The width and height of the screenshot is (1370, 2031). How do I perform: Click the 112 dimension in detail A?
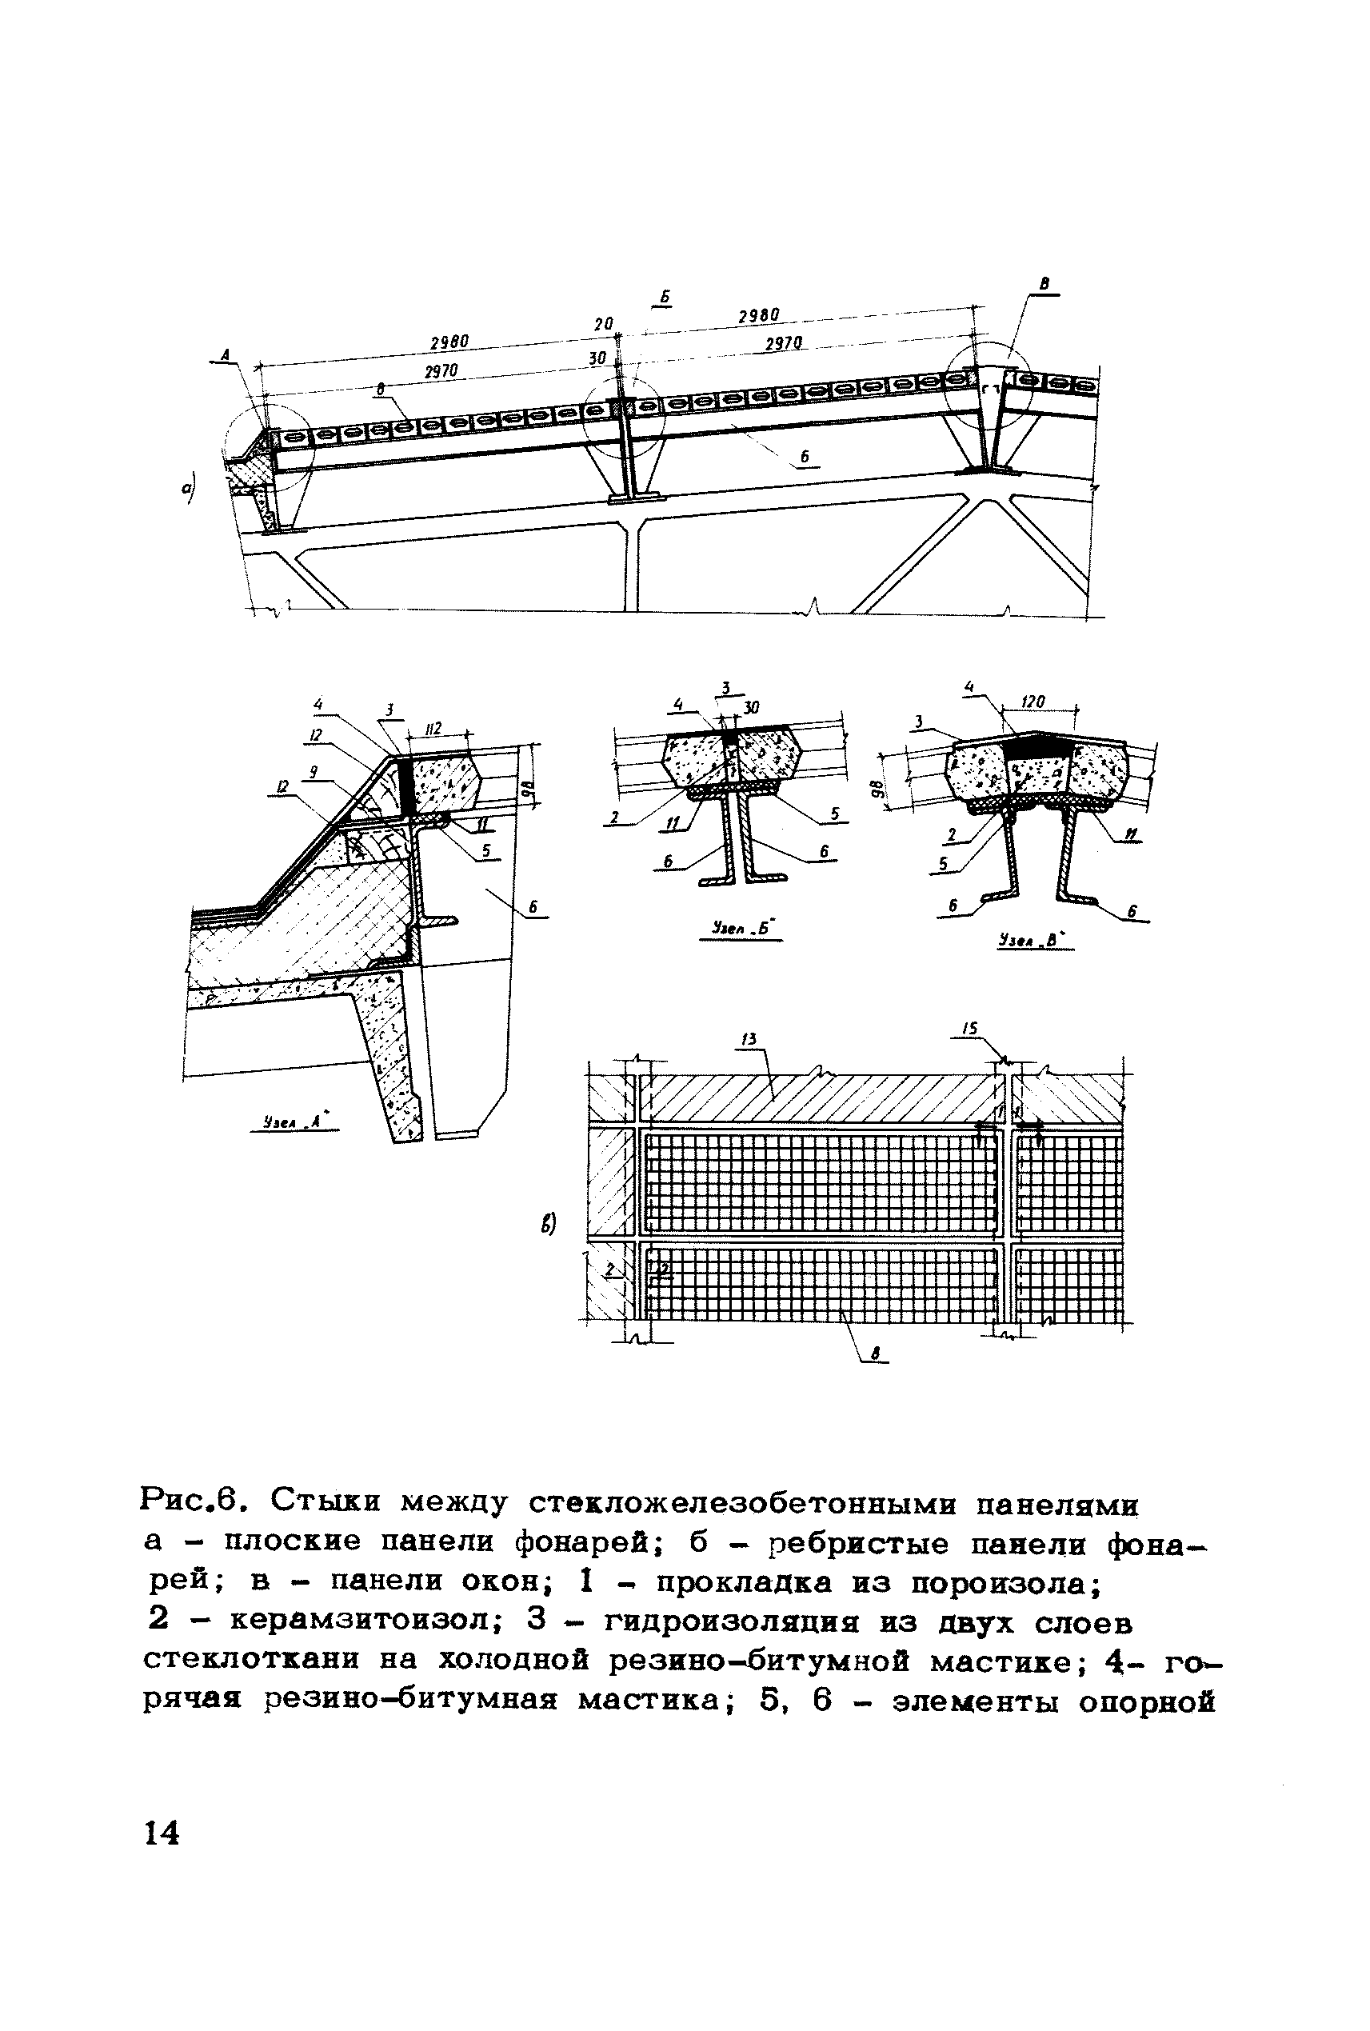point(434,728)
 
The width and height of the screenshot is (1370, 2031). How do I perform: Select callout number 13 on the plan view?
point(748,1039)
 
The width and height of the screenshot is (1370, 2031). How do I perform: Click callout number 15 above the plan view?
point(970,1029)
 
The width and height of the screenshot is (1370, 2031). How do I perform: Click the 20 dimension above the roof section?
point(604,324)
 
